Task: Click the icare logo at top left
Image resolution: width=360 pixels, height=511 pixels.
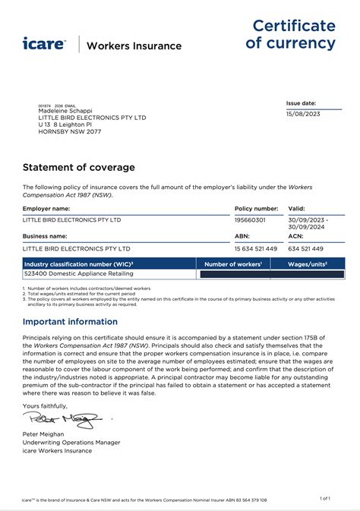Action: [x=44, y=43]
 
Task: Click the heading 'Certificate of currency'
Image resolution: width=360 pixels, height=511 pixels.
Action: [x=294, y=34]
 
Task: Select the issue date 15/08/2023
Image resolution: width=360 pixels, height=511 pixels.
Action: [x=304, y=115]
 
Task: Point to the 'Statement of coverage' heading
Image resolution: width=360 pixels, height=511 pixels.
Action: [x=79, y=167]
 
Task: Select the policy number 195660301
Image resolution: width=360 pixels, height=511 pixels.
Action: [x=251, y=219]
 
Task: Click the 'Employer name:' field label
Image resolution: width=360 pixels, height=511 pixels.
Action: [x=46, y=207]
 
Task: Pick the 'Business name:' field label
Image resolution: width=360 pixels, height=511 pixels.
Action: [x=46, y=236]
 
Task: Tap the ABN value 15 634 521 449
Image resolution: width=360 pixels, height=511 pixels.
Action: [x=257, y=248]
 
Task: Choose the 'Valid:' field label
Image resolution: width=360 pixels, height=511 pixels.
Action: [x=296, y=207]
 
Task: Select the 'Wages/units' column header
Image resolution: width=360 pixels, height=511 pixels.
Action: [x=307, y=263]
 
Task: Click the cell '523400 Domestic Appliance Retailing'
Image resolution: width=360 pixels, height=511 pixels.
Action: [x=78, y=273]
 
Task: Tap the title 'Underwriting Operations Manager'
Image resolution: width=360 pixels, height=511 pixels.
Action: [x=71, y=442]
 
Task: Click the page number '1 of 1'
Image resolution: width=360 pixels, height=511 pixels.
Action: [x=325, y=498]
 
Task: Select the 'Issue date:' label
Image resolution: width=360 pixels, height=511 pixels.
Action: [x=301, y=103]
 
